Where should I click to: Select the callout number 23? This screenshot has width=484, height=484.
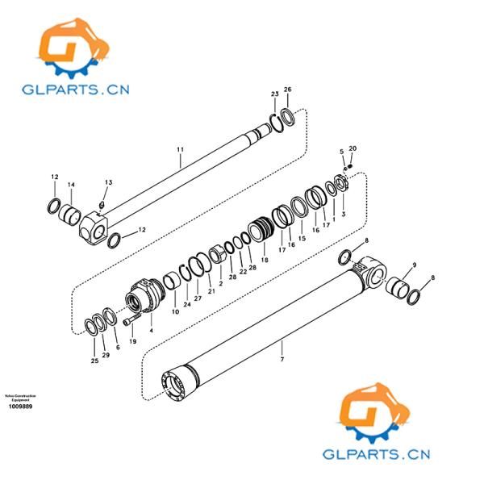[274, 94]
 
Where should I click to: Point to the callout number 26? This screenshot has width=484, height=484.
[288, 89]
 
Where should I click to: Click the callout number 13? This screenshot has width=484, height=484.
[108, 182]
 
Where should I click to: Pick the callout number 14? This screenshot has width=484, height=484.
[71, 185]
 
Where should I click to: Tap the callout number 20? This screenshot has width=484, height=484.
[353, 148]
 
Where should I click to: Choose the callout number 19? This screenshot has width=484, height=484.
[133, 341]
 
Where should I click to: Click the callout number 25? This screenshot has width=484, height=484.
[94, 361]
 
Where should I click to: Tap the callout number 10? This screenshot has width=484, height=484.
[175, 311]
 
